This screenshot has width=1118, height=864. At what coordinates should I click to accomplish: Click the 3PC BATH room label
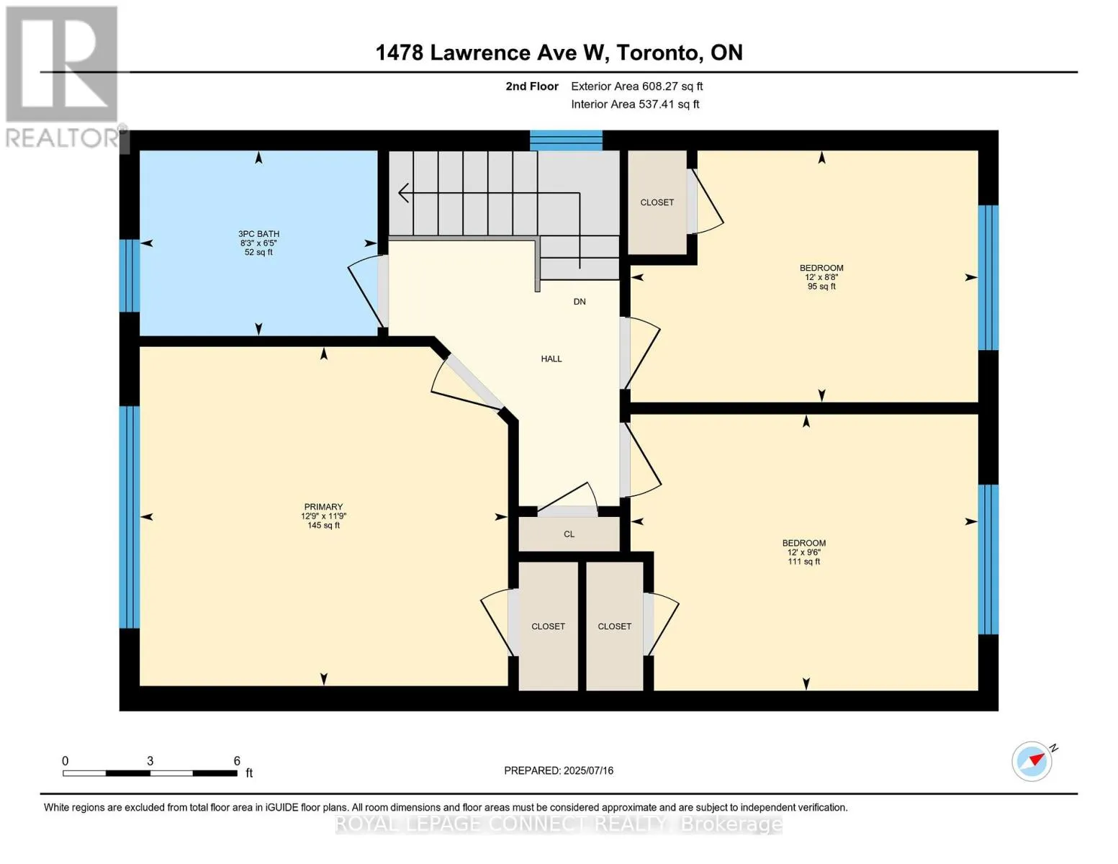[258, 233]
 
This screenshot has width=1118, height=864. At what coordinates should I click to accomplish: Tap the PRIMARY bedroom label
[323, 507]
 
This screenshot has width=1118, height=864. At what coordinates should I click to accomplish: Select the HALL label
[551, 359]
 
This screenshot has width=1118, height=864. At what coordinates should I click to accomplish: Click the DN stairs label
[580, 302]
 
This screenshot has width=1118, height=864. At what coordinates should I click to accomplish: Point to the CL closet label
[569, 534]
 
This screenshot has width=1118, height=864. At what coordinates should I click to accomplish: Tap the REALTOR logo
[63, 77]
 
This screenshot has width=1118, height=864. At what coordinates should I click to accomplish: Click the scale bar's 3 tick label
[150, 760]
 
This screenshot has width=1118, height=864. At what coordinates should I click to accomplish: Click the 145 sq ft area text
[323, 526]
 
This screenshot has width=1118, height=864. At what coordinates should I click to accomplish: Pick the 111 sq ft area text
[803, 562]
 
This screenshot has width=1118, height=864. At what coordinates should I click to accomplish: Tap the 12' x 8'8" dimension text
[821, 277]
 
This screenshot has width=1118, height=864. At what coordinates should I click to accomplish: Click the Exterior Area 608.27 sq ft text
[636, 86]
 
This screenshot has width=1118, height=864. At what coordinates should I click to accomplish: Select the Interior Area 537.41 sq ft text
[635, 104]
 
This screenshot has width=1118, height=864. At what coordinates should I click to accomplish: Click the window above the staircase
[566, 140]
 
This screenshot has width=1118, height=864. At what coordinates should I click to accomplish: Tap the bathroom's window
[130, 275]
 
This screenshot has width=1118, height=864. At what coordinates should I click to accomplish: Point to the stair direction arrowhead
[404, 193]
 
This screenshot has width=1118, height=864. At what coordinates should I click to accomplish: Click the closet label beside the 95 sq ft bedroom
[657, 203]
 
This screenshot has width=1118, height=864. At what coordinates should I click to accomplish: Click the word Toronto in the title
[659, 53]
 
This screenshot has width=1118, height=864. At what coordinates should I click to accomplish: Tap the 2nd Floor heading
[531, 86]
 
